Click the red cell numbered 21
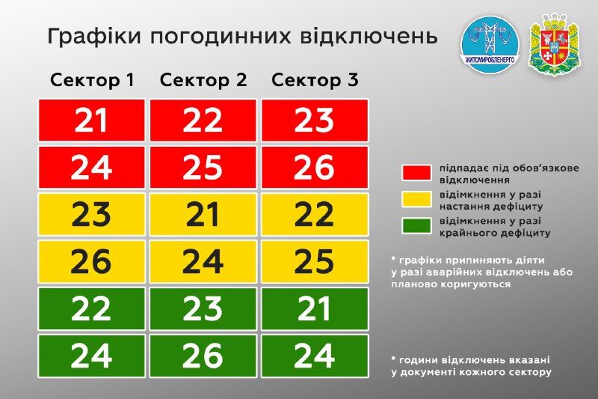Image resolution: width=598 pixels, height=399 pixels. point(91,121)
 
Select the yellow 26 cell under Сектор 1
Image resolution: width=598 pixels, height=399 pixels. point(91,261)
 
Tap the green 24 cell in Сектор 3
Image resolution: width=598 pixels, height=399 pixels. point(315,356)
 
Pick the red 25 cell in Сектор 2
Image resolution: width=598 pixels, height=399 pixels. point(203,167)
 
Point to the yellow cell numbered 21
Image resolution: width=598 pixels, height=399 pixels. point(203,214)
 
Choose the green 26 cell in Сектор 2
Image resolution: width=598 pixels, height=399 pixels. point(203,356)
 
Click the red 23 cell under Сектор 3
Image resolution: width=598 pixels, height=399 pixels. point(315,121)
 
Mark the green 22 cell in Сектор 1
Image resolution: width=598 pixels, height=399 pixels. point(91,309)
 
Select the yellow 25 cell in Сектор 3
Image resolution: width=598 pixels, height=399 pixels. point(315,261)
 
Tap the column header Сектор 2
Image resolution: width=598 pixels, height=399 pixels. point(203,80)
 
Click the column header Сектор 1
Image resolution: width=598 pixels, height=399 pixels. point(92,80)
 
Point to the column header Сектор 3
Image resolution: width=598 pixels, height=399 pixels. point(315,80)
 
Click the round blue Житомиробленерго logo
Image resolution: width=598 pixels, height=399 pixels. point(490,44)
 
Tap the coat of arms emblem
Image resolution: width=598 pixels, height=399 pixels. point(555,44)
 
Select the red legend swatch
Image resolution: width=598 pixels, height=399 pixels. point(416,173)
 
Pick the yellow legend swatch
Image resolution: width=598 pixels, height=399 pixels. point(416,199)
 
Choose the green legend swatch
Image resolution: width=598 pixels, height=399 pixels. point(416,225)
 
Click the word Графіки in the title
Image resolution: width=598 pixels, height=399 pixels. point(94,37)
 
